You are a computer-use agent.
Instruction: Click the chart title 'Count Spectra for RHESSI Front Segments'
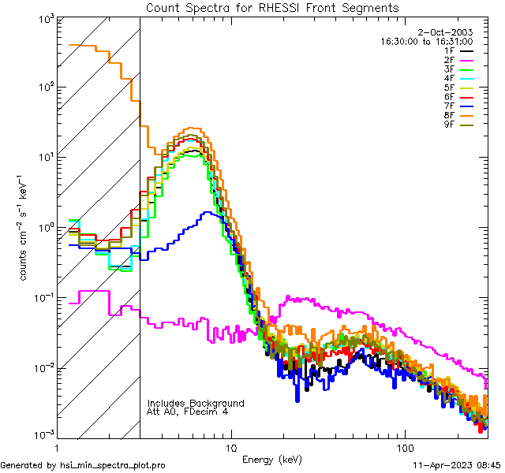(x=272, y=8)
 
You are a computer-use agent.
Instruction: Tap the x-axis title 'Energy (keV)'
(x=271, y=459)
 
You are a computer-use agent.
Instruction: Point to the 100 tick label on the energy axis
(x=404, y=448)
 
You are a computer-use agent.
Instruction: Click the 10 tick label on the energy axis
(x=230, y=448)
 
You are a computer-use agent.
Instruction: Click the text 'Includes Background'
(x=196, y=403)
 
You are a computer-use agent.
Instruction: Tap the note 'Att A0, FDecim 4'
(x=188, y=412)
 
